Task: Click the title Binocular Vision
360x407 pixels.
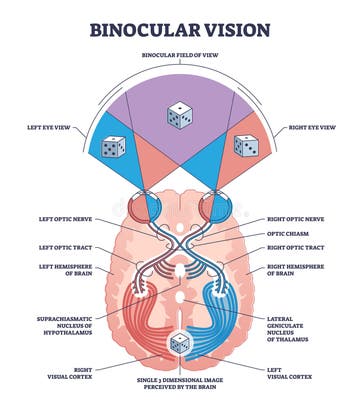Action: coord(180,29)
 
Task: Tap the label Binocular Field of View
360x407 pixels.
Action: coord(180,56)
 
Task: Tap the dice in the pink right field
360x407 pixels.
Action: coord(246,146)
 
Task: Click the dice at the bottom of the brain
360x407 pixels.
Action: coord(179,343)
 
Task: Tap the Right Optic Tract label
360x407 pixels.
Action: coord(296,247)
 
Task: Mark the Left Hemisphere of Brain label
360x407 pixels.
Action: coord(65,267)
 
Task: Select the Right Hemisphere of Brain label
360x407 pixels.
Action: coord(297,267)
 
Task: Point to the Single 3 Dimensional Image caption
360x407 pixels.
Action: coord(180,384)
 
